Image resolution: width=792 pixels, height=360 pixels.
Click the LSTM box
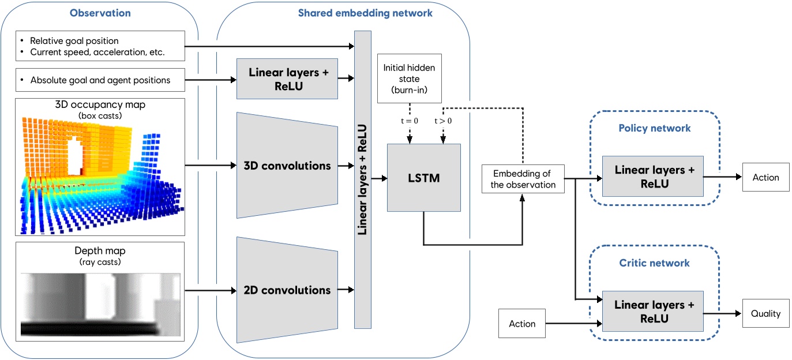click(x=424, y=178)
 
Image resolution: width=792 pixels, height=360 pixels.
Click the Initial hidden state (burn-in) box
click(x=409, y=79)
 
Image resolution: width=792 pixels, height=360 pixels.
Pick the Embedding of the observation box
click(x=523, y=178)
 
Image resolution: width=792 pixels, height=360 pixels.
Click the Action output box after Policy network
click(x=765, y=178)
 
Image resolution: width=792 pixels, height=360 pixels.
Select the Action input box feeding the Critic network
click(x=522, y=324)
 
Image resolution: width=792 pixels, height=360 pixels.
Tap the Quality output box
click(x=765, y=314)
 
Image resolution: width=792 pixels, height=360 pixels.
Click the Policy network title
click(x=654, y=128)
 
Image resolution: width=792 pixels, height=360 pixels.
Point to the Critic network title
click(x=654, y=263)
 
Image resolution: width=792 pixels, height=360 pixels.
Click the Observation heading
click(x=100, y=13)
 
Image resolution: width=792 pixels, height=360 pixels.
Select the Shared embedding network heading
click(x=365, y=13)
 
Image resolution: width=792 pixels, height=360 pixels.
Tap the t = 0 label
click(x=409, y=122)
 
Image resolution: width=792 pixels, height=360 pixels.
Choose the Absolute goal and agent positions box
click(x=100, y=80)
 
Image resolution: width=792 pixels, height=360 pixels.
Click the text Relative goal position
click(x=74, y=41)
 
